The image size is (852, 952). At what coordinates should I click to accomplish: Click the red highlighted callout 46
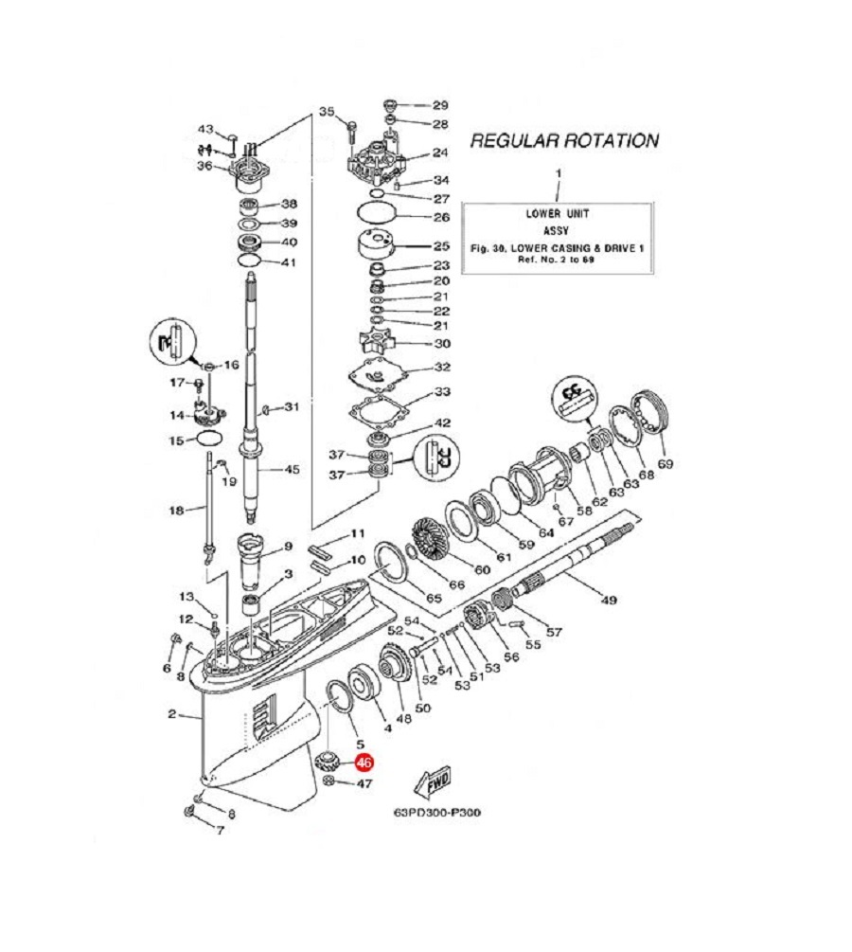[x=364, y=763]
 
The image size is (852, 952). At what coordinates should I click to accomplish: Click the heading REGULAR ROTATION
[x=564, y=141]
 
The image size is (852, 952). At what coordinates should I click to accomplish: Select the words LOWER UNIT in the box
[x=557, y=214]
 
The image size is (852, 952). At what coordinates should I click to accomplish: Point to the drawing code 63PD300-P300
[x=437, y=812]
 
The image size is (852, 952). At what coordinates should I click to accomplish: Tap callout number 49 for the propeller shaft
[x=609, y=600]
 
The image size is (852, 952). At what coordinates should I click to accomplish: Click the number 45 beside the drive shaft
[x=292, y=469]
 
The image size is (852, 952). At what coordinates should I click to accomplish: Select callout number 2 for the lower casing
[x=171, y=714]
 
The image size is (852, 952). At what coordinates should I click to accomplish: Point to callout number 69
[x=666, y=464]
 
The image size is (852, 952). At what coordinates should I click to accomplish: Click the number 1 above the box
[x=559, y=173]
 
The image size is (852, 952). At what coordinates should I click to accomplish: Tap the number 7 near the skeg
[x=220, y=830]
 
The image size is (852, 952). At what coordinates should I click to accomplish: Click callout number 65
[x=434, y=598]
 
